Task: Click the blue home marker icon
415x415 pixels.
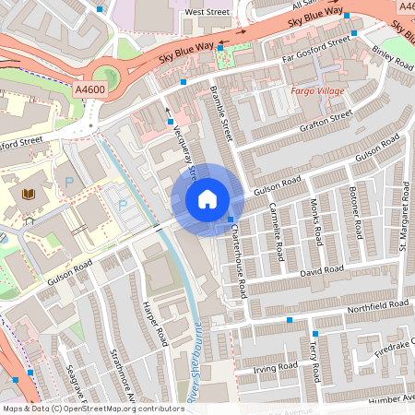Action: coord(207,198)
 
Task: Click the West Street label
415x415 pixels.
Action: coord(207,12)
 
